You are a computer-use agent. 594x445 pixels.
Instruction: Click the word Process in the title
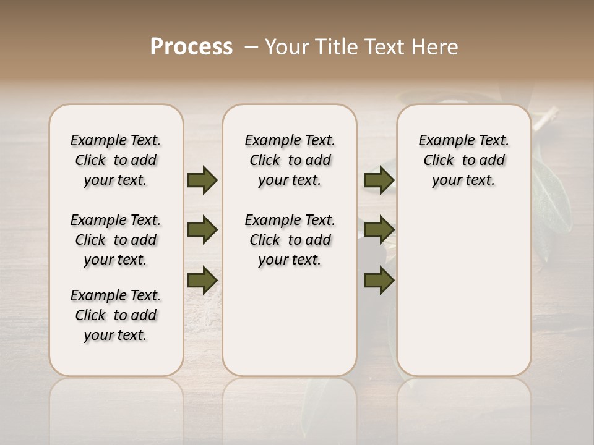point(191,47)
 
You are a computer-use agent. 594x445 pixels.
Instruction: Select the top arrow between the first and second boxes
point(202,180)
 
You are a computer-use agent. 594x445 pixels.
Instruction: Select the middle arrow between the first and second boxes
point(202,230)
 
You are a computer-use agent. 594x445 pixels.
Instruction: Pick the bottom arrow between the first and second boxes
point(202,279)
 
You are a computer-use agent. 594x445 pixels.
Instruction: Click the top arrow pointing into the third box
point(379,180)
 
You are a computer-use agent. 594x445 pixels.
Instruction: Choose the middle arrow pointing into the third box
point(379,230)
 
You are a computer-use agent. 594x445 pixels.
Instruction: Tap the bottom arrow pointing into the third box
point(379,281)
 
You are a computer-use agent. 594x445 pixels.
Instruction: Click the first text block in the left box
point(116,160)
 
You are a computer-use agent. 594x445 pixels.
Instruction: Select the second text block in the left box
point(116,240)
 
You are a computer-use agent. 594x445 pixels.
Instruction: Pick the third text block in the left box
point(116,315)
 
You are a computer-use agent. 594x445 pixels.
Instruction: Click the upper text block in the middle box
point(290,160)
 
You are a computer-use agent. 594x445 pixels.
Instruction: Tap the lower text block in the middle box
point(290,240)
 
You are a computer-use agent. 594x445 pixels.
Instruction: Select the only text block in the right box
point(463,160)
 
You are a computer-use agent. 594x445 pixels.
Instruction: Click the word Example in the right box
point(441,141)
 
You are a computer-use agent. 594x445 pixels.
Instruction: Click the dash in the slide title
point(250,47)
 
